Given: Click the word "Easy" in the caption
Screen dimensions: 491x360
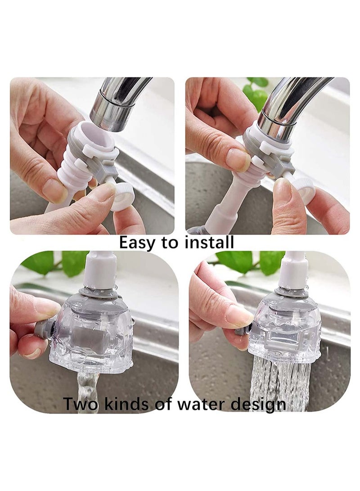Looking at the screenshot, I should coord(138,243).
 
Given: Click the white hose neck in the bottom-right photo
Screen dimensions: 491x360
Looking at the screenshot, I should coord(292,270).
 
